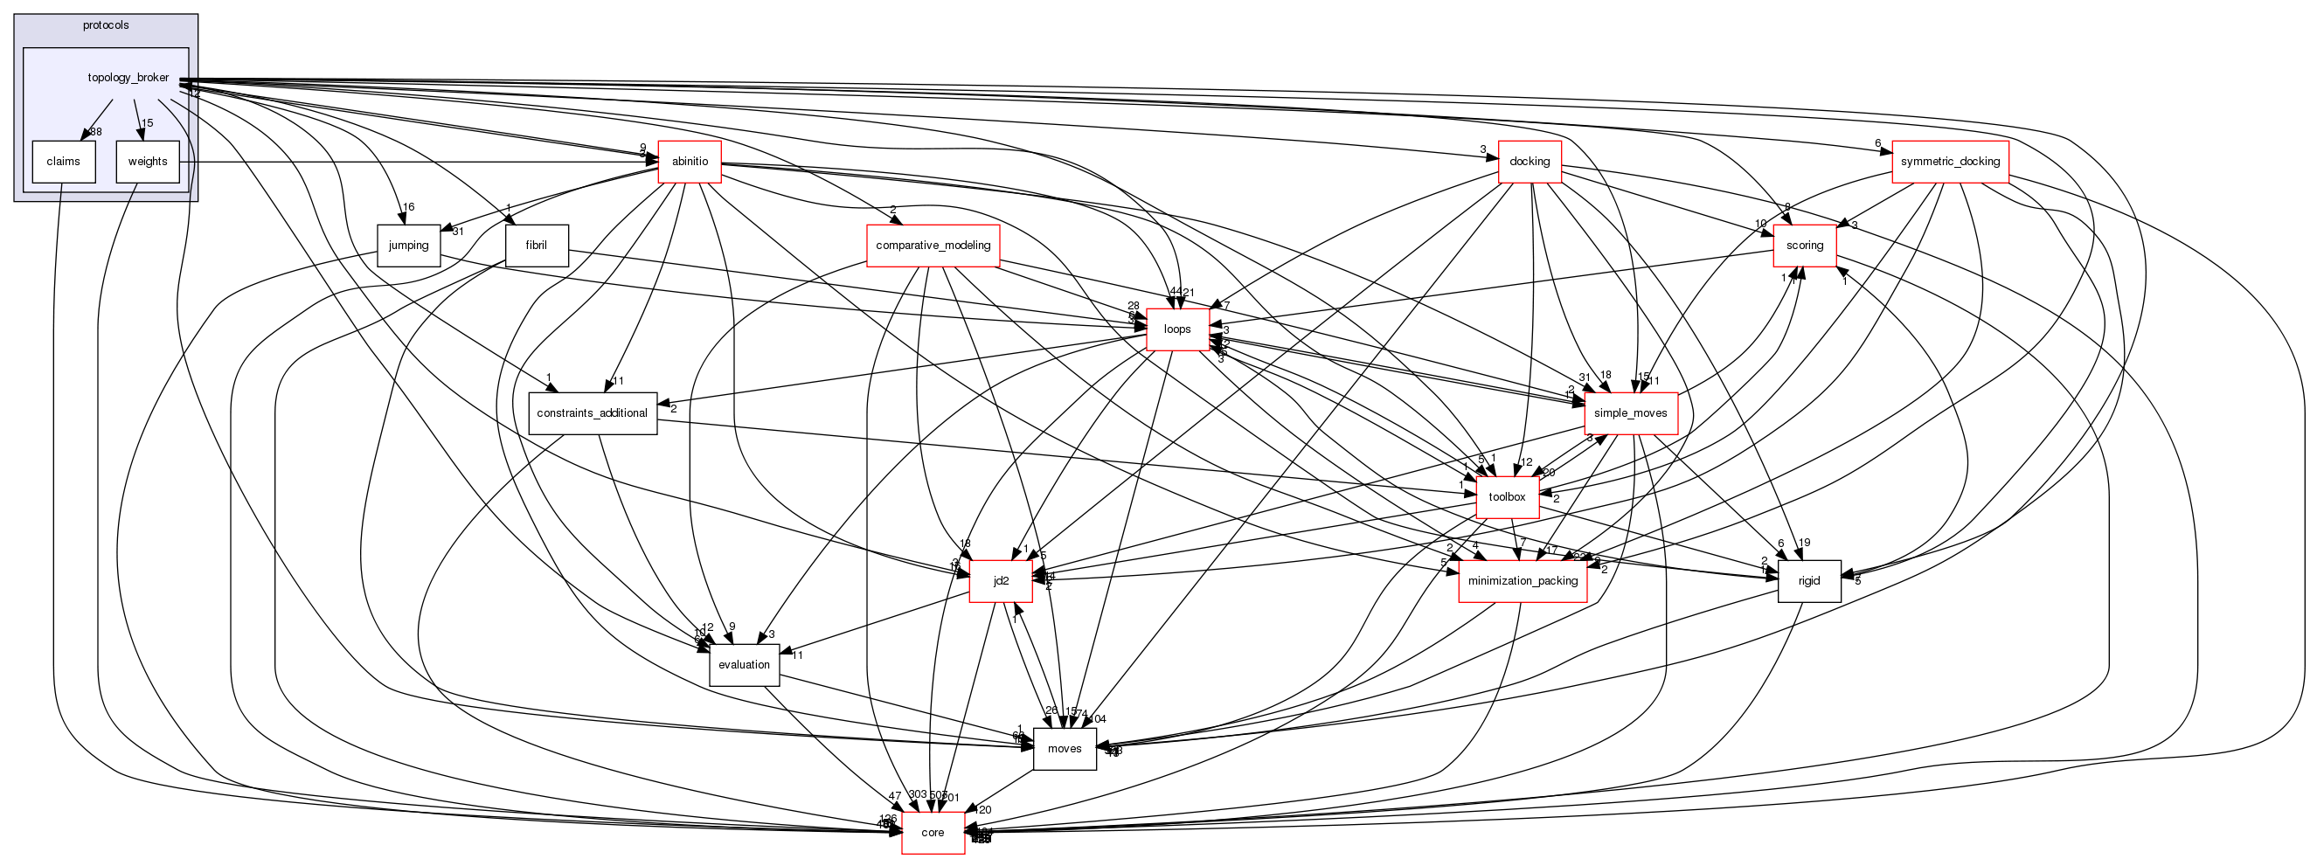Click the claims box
[x=63, y=162]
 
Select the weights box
[x=147, y=162]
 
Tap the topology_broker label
[x=128, y=78]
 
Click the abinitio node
[x=690, y=162]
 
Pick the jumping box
[x=408, y=246]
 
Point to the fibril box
[x=537, y=246]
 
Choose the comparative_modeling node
[x=933, y=246]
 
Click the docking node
[x=1529, y=162]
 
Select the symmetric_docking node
[x=1950, y=162]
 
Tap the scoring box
[x=1804, y=246]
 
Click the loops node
[x=1176, y=329]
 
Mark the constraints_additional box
[x=592, y=413]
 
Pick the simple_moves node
[x=1630, y=413]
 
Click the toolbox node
[x=1507, y=496]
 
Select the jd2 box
[x=1001, y=581]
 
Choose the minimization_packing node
[x=1523, y=581]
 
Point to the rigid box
[x=1808, y=581]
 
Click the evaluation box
[x=744, y=664]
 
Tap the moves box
[x=1065, y=749]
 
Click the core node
[x=933, y=833]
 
